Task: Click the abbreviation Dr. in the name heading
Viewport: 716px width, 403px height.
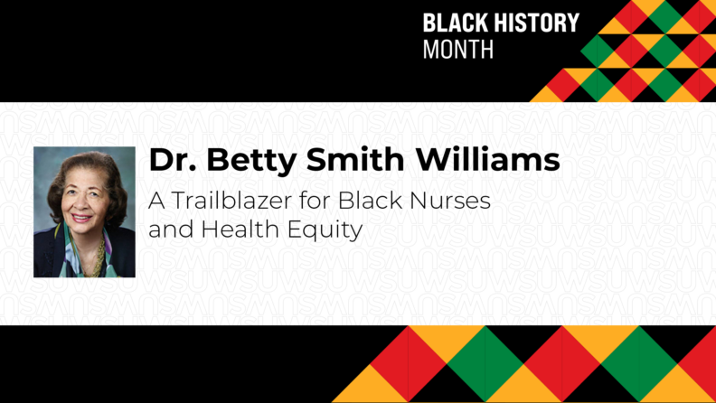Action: (172, 161)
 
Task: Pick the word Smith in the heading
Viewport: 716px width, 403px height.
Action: (350, 161)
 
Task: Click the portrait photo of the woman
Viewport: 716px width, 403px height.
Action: (84, 211)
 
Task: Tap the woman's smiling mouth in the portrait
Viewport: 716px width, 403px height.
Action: (80, 218)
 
